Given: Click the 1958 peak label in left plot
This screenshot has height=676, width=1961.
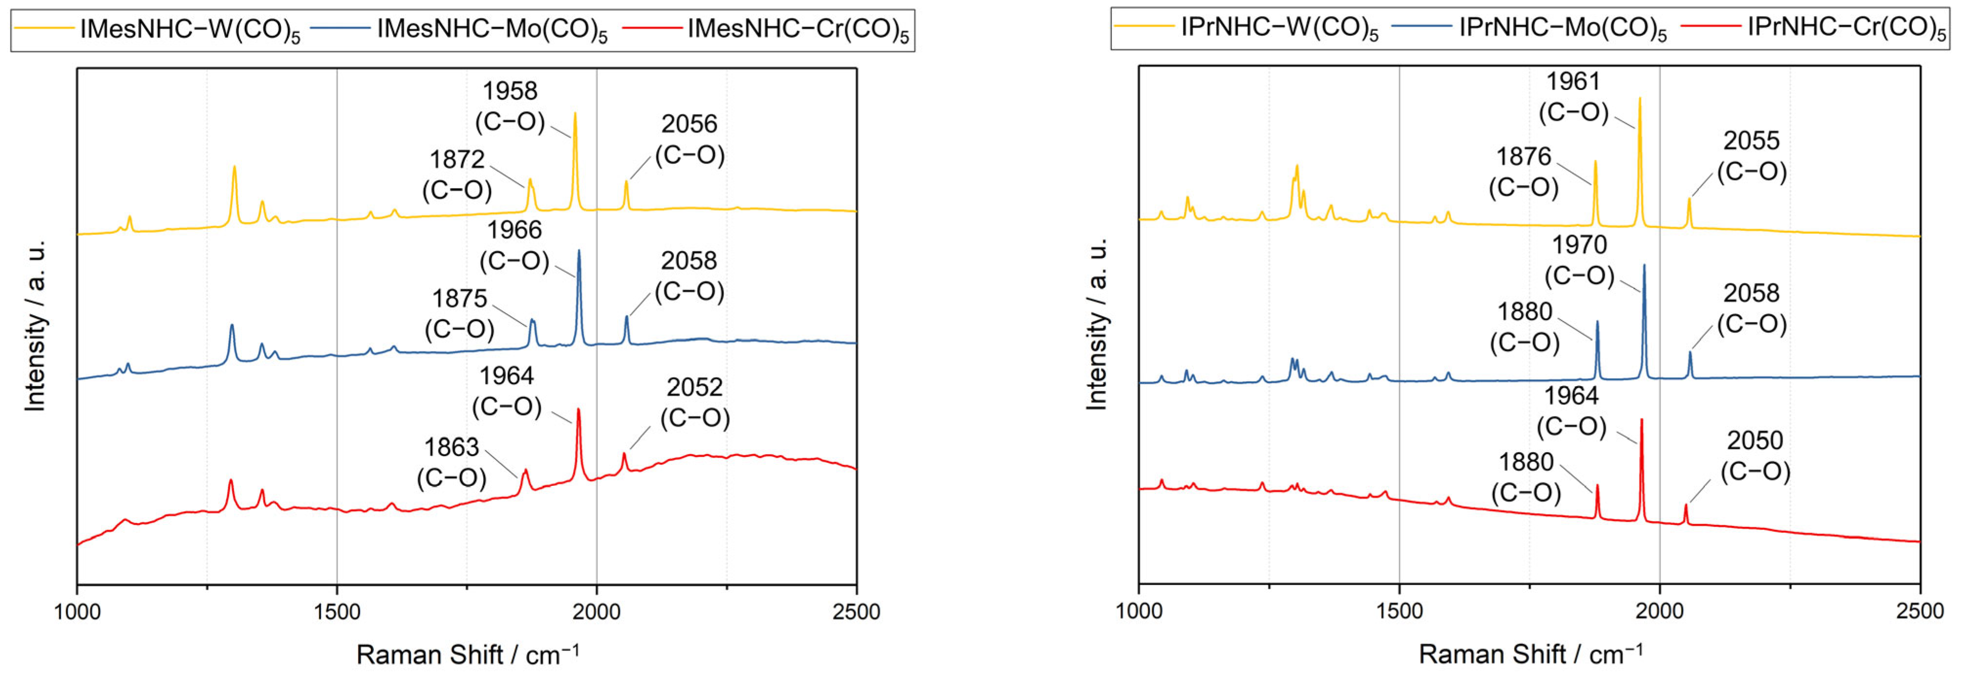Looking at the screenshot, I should coord(510,91).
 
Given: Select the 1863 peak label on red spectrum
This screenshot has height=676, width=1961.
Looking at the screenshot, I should coord(451,448).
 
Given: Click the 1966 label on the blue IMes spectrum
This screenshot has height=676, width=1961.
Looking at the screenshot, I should coord(514,230).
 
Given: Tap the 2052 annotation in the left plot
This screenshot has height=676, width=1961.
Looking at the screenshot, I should coord(694,388).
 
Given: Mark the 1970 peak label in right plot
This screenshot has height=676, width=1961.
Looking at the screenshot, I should coord(1579,245).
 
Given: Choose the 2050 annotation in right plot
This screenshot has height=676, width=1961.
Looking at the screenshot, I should coord(1755,441).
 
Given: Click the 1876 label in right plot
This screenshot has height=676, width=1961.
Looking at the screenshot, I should coord(1523,157).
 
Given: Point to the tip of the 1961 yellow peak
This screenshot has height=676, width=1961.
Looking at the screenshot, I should coord(1639,98).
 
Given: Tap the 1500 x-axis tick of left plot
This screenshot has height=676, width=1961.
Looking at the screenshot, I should coord(337,611).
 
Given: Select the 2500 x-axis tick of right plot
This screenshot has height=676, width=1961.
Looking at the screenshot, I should coord(1919,611).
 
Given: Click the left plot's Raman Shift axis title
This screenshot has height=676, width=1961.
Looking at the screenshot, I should coord(468,654).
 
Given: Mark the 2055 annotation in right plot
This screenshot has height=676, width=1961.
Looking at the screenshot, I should coord(1751,141).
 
